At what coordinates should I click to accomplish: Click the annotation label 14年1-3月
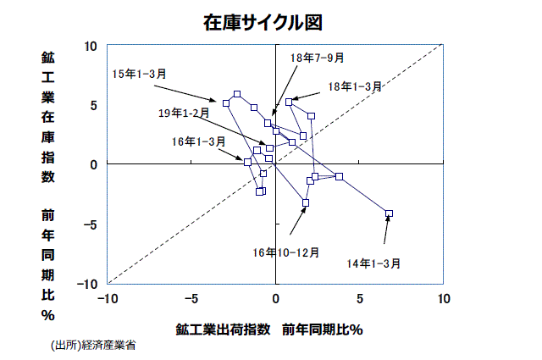coord(373,263)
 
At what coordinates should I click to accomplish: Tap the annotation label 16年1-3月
coord(198,141)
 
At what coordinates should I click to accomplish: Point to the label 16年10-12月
coord(285,252)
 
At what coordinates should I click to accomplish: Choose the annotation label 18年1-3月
coord(355,86)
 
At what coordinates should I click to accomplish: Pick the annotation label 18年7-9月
coord(317,58)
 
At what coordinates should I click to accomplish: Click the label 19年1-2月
coord(183,112)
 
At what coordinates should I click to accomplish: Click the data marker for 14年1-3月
coord(389,213)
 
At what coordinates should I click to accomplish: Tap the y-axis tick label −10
coord(88,283)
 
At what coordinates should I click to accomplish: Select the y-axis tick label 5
coord(94,105)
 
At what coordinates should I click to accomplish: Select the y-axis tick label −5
coord(91,224)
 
